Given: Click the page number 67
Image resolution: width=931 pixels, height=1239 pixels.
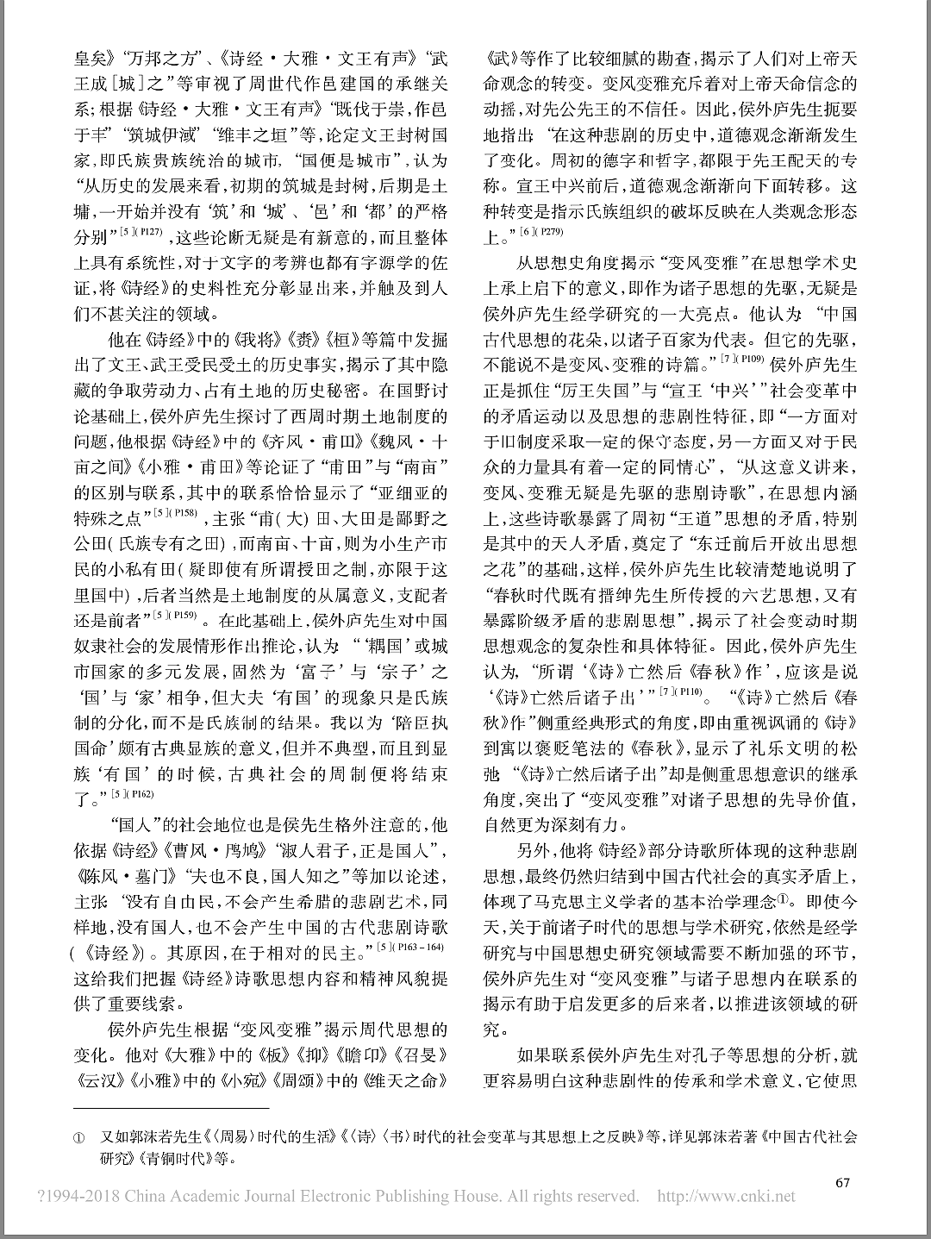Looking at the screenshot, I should [x=842, y=1182].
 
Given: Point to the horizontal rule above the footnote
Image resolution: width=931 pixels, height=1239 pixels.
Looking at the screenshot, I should [x=171, y=1107].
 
